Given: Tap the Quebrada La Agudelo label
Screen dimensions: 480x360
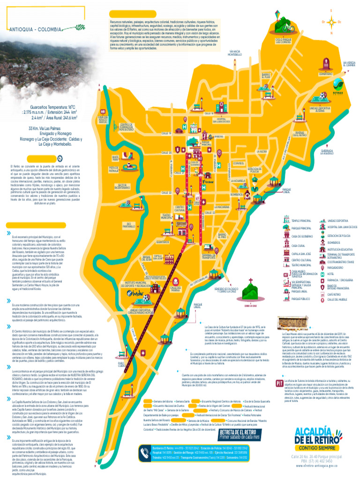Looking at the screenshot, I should tap(328, 152).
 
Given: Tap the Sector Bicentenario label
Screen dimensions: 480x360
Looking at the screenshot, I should tap(122, 186).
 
